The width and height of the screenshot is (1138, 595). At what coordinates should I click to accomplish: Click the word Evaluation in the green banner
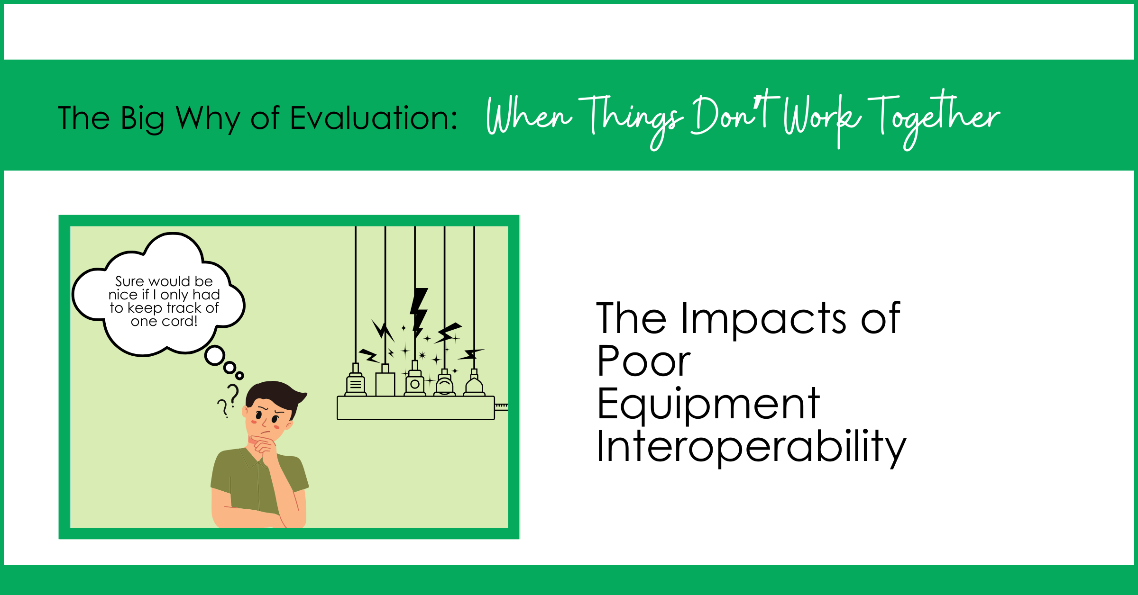[374, 118]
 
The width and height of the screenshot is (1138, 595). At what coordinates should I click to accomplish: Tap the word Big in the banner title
[142, 119]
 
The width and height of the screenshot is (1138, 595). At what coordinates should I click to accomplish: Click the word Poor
[643, 361]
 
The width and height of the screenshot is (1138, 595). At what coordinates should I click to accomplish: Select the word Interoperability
[752, 447]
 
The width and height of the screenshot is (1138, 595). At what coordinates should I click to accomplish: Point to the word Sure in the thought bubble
[129, 281]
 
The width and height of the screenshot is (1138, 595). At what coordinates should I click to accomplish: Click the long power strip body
[416, 408]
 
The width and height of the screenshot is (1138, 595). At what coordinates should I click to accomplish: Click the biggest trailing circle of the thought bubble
[215, 355]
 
